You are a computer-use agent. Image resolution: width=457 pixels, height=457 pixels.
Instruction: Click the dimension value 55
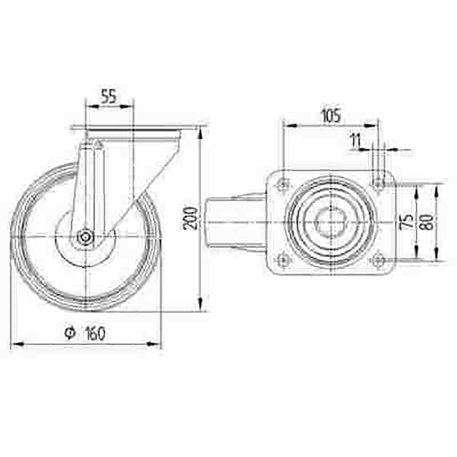pyautogui.click(x=108, y=96)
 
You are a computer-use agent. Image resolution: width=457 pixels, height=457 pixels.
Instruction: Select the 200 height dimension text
pyautogui.click(x=191, y=218)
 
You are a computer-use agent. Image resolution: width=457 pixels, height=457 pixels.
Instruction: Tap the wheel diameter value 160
pyautogui.click(x=95, y=334)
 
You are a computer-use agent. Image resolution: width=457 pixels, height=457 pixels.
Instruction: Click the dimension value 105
pyautogui.click(x=330, y=115)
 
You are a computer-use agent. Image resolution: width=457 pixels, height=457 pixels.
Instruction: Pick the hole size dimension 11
pyautogui.click(x=355, y=142)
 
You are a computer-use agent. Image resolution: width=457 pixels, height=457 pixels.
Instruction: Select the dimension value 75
pyautogui.click(x=407, y=221)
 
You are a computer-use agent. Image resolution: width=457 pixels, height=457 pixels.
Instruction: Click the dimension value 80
pyautogui.click(x=428, y=221)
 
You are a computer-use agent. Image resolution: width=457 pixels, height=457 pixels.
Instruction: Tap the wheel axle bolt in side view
pyautogui.click(x=85, y=237)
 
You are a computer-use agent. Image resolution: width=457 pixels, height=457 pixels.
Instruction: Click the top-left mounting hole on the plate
pyautogui.click(x=283, y=184)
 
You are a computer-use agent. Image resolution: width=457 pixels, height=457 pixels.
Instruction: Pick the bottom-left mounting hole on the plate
pyautogui.click(x=283, y=260)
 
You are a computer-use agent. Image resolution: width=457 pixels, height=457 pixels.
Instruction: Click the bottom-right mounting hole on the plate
pyautogui.click(x=378, y=260)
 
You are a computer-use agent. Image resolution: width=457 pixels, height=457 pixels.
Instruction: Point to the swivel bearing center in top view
pyautogui.click(x=329, y=222)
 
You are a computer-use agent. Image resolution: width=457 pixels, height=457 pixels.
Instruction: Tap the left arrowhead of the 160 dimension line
pyautogui.click(x=15, y=345)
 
